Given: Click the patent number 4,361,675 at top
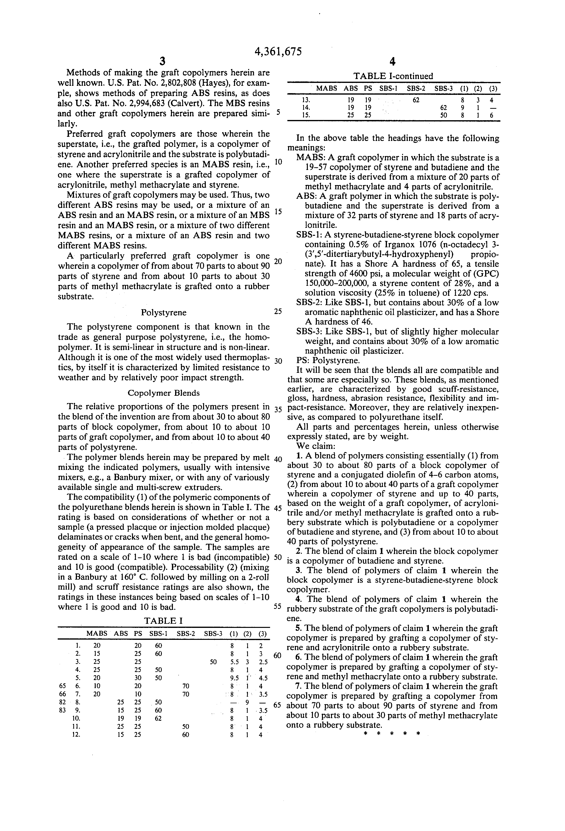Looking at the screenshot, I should click(x=278, y=52).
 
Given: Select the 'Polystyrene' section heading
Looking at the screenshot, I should click(x=164, y=313).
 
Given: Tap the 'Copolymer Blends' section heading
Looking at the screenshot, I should click(x=164, y=393).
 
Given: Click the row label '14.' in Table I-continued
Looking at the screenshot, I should click(x=306, y=108).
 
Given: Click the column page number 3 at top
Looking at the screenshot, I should click(x=162, y=61).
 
